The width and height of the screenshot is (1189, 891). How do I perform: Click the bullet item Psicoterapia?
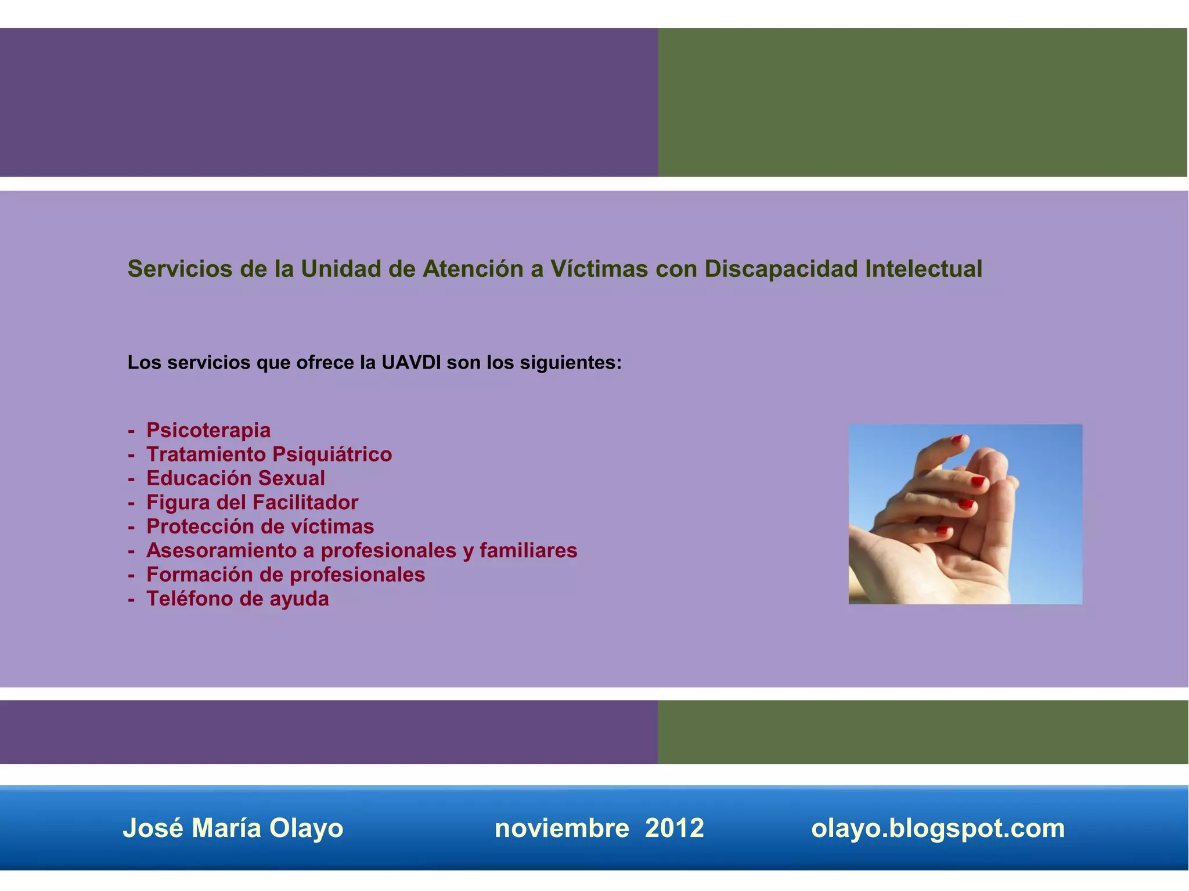coord(208,430)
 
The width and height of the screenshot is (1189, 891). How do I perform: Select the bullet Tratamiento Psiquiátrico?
coord(269,454)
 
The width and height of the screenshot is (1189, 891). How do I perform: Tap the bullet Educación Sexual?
coord(235,478)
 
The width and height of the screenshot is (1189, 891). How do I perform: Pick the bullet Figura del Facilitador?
coord(252,502)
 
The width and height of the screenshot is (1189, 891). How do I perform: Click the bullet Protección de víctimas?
coord(260,526)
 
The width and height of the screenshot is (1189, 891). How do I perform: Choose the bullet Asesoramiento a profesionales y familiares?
coord(361,550)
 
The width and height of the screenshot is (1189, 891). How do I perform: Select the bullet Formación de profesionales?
coord(285,575)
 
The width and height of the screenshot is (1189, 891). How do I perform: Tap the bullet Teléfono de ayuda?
coord(237,598)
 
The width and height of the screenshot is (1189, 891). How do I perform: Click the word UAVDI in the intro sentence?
coord(411,363)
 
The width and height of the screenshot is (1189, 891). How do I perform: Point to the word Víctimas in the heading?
coord(599,269)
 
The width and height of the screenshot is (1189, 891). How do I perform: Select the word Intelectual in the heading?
coord(923,269)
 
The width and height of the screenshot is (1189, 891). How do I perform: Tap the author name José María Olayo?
coord(233,828)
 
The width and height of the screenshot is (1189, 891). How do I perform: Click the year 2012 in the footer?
coord(674,828)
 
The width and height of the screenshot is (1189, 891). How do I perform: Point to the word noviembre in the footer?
coord(561,828)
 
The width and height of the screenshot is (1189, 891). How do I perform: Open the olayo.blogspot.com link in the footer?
coord(938,828)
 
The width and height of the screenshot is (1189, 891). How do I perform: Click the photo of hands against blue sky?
coord(965,514)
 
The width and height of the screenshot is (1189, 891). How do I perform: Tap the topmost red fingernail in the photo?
coord(959,438)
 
